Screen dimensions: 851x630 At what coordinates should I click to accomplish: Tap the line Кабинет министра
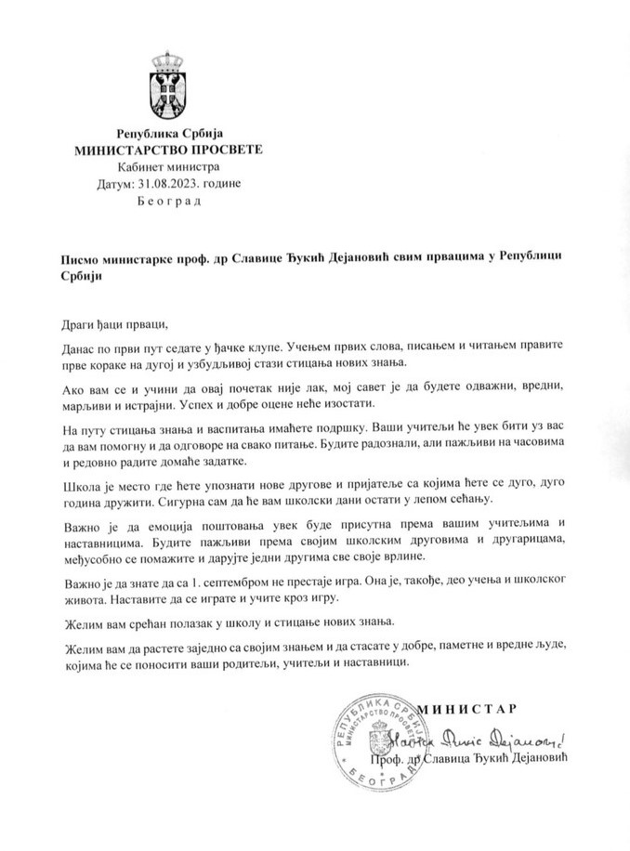[x=168, y=167]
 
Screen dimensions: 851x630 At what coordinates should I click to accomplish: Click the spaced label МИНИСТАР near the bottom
[x=466, y=711]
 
